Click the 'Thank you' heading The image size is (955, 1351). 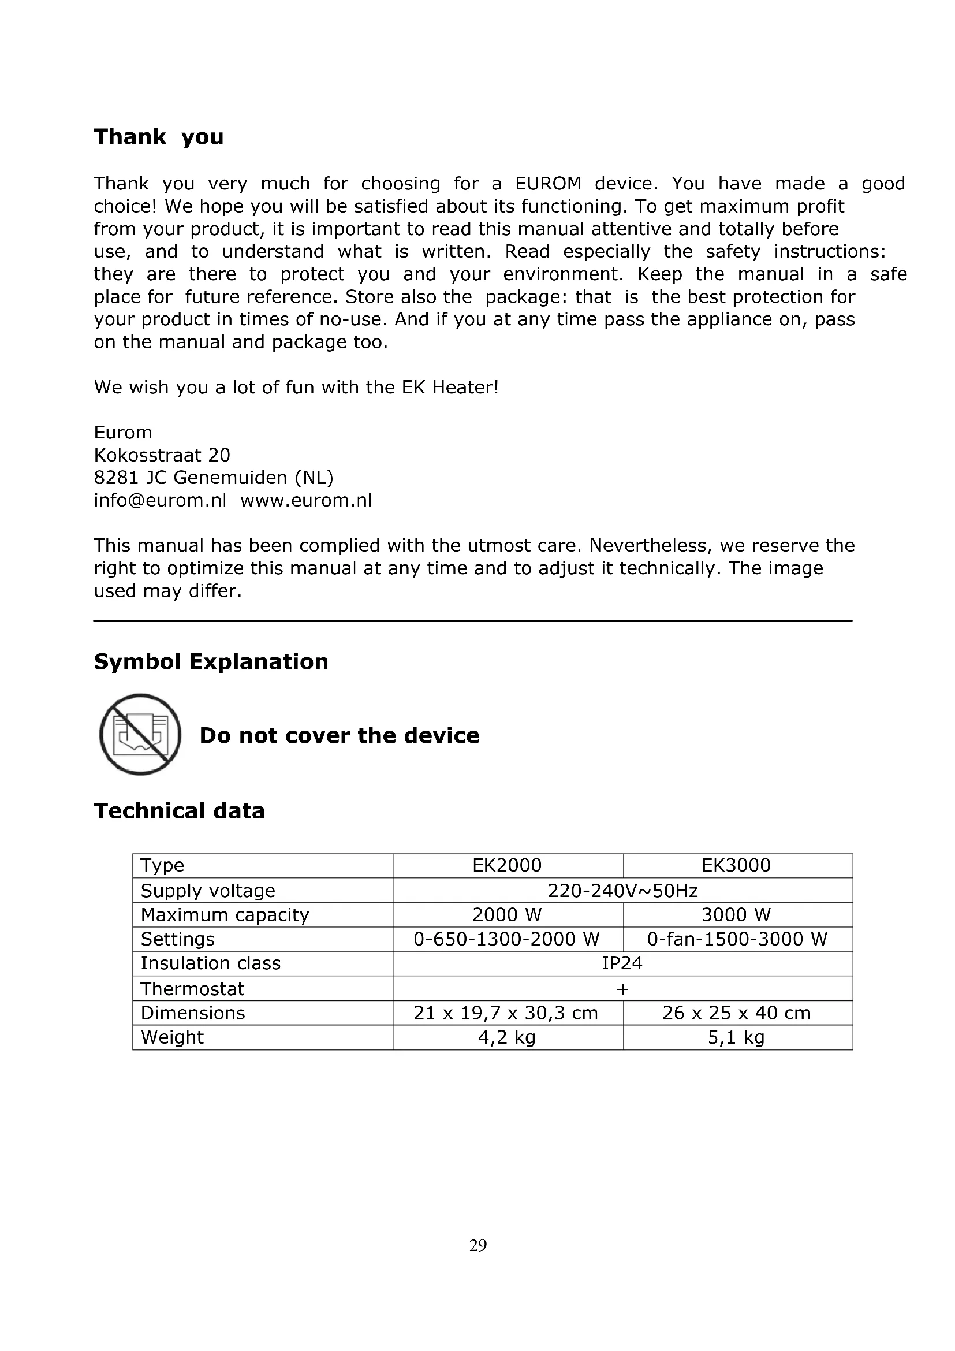coord(159,136)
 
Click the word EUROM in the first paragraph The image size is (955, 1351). coord(548,184)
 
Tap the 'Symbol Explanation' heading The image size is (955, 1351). coord(211,661)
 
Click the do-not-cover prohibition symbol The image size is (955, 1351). coord(140,734)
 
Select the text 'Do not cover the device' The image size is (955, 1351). coord(340,735)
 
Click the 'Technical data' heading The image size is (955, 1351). coord(180,811)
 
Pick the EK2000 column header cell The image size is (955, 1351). coord(507,865)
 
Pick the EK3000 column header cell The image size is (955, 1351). coord(736,865)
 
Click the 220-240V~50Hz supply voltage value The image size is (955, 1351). coord(622,891)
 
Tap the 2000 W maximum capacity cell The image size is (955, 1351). coord(507,915)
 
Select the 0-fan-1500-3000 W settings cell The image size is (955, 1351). coord(737,939)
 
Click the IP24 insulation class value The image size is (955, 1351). coord(622,963)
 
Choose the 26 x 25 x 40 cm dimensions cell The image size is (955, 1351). coord(736,1013)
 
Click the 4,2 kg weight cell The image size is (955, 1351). coord(507,1037)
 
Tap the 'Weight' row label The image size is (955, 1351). coord(172,1037)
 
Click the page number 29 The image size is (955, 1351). coord(477,1245)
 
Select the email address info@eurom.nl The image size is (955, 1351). coord(160,500)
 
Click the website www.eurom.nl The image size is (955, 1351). coord(306,500)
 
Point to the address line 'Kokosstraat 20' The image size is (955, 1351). coord(162,455)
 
